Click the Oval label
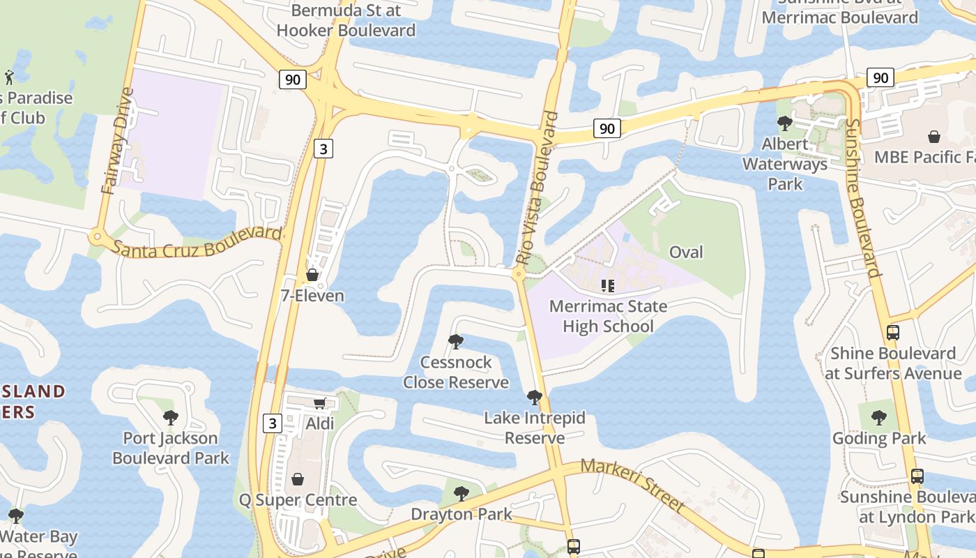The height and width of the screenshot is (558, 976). tap(686, 252)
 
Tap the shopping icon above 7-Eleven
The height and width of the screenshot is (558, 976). tap(312, 275)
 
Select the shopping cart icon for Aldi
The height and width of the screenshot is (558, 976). tap(320, 403)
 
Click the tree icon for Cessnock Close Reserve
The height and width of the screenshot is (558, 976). tap(456, 342)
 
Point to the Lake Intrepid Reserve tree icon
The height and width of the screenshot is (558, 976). tap(535, 398)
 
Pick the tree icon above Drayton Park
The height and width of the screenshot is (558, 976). tap(461, 494)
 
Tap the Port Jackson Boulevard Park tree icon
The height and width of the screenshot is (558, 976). tap(171, 418)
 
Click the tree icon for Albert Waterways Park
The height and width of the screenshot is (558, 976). tap(785, 123)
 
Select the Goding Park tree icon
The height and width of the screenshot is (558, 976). tap(879, 418)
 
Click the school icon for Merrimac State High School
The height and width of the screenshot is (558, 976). tap(608, 285)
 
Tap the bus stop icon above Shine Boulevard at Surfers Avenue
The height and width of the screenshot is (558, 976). tap(893, 333)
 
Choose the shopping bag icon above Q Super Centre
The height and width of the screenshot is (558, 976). tap(298, 479)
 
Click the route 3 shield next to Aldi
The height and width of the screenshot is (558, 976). tap(273, 423)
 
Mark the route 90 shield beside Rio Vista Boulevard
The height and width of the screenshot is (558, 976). tap(607, 128)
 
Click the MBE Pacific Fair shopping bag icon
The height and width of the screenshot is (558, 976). tap(934, 137)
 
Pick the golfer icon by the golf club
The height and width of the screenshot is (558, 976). tap(9, 77)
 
